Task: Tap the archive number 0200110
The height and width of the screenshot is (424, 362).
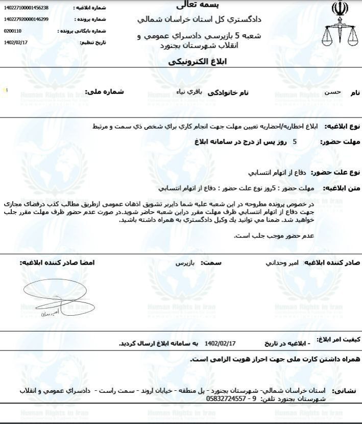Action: pos(12,31)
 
